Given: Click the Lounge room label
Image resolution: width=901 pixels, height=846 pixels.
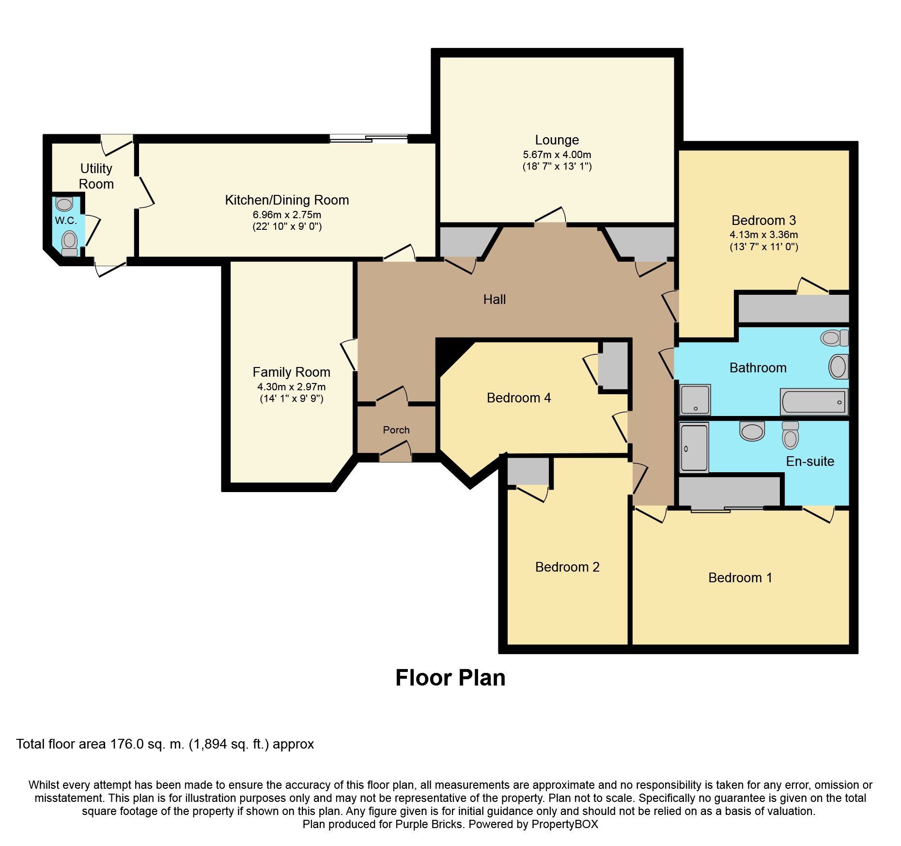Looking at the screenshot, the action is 557,140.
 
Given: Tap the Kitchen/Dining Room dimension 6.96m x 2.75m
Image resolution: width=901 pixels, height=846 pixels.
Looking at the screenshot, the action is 287,215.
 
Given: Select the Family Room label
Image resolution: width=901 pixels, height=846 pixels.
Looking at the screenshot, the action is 291,372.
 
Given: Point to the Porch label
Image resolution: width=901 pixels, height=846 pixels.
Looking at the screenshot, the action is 396,430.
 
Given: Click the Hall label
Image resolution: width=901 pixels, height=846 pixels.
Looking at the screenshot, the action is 495,300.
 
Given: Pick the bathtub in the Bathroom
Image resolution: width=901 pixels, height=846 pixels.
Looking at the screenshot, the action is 814,402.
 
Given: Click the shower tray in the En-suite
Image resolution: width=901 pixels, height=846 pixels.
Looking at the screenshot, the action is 694,447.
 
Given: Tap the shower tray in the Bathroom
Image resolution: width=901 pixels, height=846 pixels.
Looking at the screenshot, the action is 695,399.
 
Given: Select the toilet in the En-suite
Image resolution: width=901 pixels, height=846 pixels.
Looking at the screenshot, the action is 790,435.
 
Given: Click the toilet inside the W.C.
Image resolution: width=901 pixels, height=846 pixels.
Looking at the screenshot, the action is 70,243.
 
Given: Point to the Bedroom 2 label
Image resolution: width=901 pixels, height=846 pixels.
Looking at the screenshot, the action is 567,567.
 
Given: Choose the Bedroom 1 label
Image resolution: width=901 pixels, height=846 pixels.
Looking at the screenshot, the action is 740,578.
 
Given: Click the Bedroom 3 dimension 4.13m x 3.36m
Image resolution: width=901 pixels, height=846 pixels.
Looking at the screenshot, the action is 764,235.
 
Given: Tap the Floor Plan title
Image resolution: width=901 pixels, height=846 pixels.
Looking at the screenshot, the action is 450,678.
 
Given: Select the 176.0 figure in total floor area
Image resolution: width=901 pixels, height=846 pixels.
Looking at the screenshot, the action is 127,744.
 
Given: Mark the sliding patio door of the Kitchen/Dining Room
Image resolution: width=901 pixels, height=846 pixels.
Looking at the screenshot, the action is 369,139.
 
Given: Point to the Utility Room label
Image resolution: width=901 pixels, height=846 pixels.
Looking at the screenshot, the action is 96,176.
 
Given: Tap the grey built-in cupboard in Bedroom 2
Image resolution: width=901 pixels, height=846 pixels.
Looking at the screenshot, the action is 528,471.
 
